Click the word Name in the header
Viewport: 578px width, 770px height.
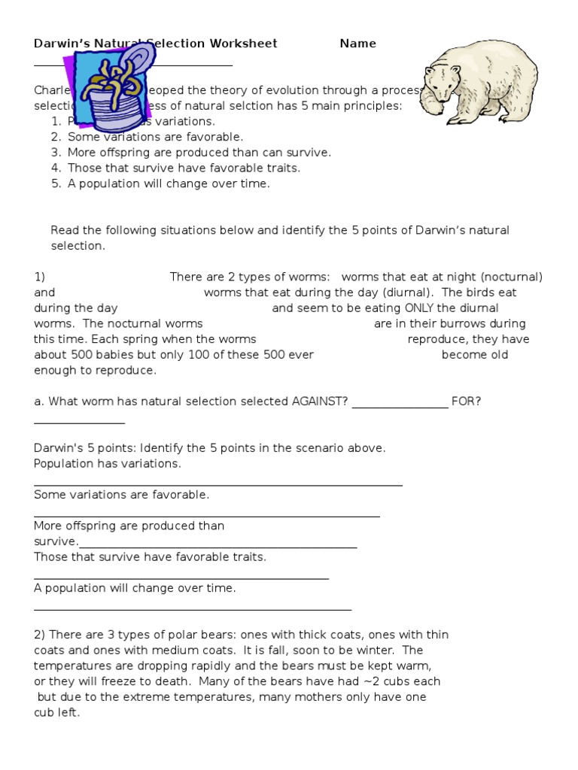[x=357, y=44]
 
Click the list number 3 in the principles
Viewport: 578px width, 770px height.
[x=56, y=153]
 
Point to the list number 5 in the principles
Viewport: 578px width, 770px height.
[x=56, y=183]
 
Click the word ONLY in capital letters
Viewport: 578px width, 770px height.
[x=421, y=308]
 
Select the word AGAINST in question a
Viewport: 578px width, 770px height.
[x=319, y=401]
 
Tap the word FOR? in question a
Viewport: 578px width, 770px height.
[x=466, y=401]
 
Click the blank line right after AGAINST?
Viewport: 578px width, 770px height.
[x=400, y=404]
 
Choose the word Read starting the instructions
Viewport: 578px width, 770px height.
[x=65, y=230]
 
